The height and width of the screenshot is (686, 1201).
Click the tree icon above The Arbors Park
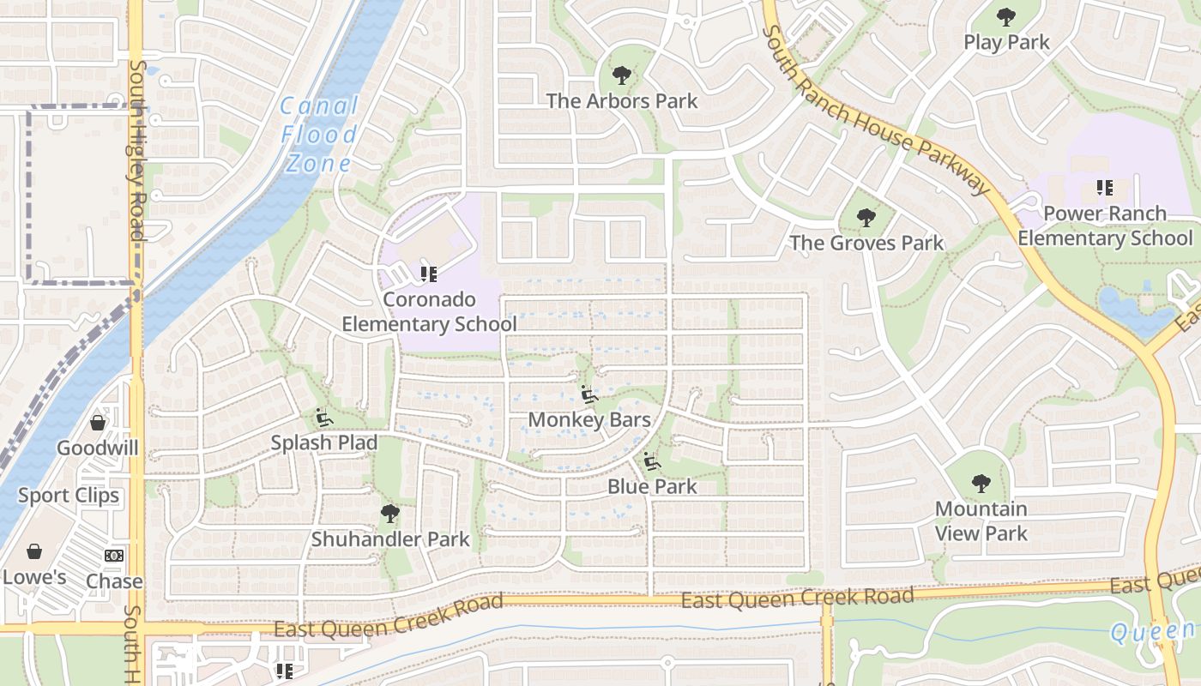pyautogui.click(x=622, y=75)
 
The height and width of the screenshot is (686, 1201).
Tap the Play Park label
pyautogui.click(x=1006, y=42)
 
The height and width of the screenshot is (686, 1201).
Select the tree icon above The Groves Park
pyautogui.click(x=866, y=218)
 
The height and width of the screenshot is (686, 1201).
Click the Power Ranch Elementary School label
pyautogui.click(x=1105, y=226)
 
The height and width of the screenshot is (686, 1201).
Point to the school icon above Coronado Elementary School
pyautogui.click(x=429, y=274)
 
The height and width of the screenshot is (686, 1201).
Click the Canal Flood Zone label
pyautogui.click(x=319, y=135)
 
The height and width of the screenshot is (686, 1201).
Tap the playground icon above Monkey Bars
pyautogui.click(x=589, y=395)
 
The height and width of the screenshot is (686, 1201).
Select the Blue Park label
pyautogui.click(x=652, y=486)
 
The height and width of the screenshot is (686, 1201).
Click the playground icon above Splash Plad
pyautogui.click(x=324, y=418)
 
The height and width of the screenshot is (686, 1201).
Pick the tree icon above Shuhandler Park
pyautogui.click(x=390, y=514)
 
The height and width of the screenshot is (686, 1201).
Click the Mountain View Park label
pyautogui.click(x=981, y=521)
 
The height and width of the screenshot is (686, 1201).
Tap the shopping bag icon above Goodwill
pyautogui.click(x=98, y=423)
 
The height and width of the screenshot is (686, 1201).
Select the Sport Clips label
pyautogui.click(x=69, y=496)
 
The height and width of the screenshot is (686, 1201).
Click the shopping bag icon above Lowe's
pyautogui.click(x=34, y=551)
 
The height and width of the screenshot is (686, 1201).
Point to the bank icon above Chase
pyautogui.click(x=114, y=556)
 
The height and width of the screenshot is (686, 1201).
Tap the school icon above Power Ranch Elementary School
pyautogui.click(x=1105, y=188)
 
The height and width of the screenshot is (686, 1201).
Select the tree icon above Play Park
pyautogui.click(x=1006, y=17)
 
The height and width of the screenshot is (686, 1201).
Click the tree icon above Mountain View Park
pyautogui.click(x=981, y=484)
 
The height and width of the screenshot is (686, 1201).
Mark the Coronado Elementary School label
pyautogui.click(x=429, y=312)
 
